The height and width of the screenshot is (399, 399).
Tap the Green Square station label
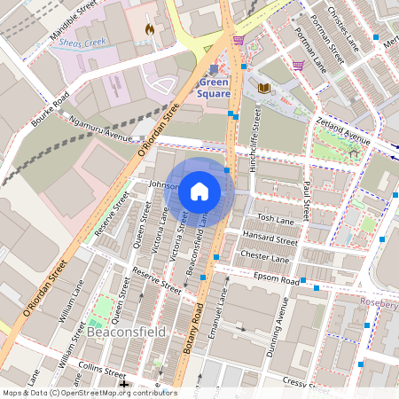214,88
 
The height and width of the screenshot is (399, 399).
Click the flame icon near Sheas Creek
149,28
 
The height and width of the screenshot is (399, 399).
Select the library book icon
263,88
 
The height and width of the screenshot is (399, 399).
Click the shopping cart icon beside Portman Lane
299,64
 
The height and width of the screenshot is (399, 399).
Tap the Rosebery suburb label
379,302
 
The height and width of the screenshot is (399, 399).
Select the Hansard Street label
270,239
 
